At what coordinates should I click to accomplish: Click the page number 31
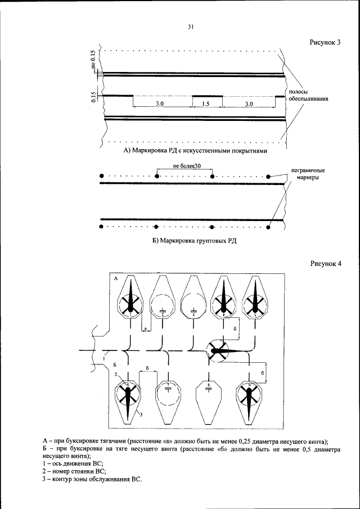coord(191,26)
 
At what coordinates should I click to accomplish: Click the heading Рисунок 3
coord(326,43)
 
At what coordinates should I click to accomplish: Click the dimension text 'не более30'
coord(183,166)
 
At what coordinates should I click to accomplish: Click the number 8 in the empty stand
coord(209,386)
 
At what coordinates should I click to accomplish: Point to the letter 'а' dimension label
coord(146,328)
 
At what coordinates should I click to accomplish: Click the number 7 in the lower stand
coord(168,385)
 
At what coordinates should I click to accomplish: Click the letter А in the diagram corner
coord(115,278)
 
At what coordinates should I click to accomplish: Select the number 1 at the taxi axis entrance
coord(105,357)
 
